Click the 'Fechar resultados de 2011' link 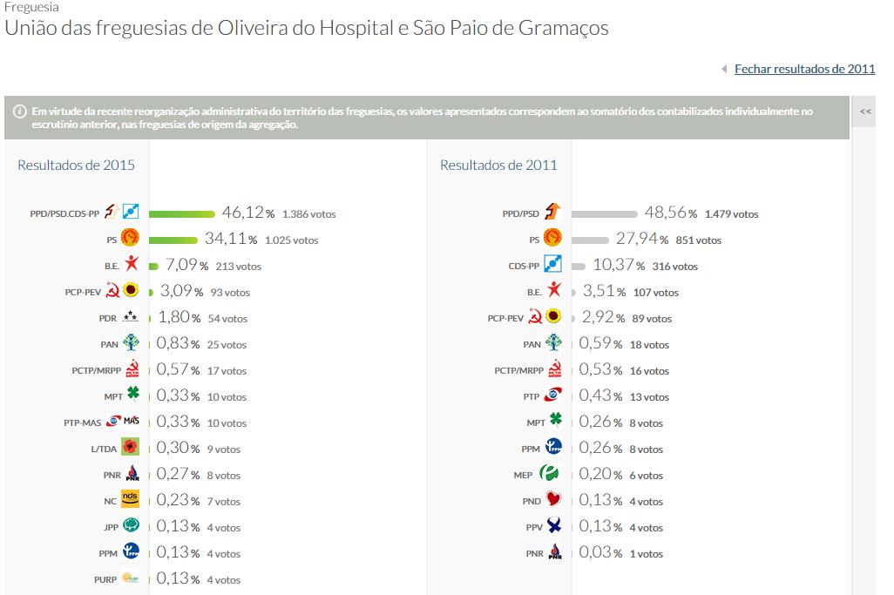pyautogui.click(x=804, y=69)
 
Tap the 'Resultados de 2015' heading pyautogui.click(x=76, y=165)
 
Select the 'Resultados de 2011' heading pyautogui.click(x=498, y=165)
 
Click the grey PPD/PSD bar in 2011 pyautogui.click(x=605, y=213)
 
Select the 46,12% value pyautogui.click(x=247, y=213)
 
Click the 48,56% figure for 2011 pyautogui.click(x=670, y=213)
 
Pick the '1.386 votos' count pyautogui.click(x=308, y=214)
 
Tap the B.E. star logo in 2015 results pyautogui.click(x=131, y=265)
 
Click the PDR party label pyautogui.click(x=107, y=319)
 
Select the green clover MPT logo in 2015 pyautogui.click(x=132, y=396)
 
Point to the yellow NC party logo pyautogui.click(x=131, y=500)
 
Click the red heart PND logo pyautogui.click(x=553, y=500)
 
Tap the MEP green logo pyautogui.click(x=549, y=474)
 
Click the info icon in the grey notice pyautogui.click(x=19, y=111)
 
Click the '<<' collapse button pyautogui.click(x=864, y=112)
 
